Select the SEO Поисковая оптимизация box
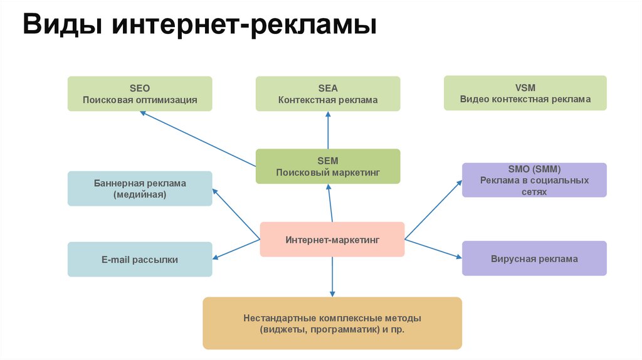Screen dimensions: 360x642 click(x=140, y=93)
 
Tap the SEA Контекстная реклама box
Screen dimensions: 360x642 click(x=328, y=93)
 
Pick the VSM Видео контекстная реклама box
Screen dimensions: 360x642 click(x=525, y=93)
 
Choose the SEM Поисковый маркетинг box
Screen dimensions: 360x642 click(x=328, y=166)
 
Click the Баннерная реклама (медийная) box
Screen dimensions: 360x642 click(x=140, y=189)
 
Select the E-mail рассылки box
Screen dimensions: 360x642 click(x=140, y=259)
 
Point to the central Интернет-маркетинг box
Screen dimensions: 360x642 click(x=332, y=239)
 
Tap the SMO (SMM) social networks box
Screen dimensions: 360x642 click(x=534, y=180)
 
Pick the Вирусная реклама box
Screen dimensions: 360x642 click(x=534, y=258)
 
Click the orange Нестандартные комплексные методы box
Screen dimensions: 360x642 click(x=332, y=323)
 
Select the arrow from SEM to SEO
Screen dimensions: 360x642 click(x=197, y=139)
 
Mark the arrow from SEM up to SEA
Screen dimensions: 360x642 click(x=328, y=130)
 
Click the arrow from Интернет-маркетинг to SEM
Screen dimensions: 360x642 click(x=330, y=203)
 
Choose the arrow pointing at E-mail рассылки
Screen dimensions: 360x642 click(x=236, y=248)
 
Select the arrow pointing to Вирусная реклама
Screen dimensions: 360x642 click(x=433, y=247)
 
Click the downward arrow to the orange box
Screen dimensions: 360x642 click(x=332, y=277)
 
